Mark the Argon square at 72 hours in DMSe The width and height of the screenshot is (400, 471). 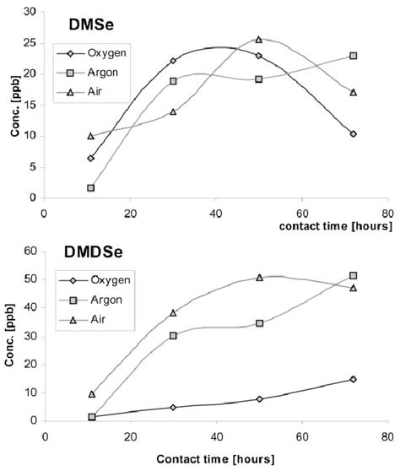tap(353, 56)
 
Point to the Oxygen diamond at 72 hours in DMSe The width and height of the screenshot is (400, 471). tap(353, 133)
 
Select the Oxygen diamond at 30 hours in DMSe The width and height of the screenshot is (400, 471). tap(172, 61)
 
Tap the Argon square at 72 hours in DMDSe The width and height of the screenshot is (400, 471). tap(353, 276)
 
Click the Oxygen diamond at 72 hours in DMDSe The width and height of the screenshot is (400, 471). tap(353, 379)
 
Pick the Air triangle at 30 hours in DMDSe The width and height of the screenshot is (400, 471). tap(173, 312)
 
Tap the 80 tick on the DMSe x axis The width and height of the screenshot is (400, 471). tap(386, 213)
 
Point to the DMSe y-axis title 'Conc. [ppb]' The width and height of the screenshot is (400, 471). tap(10, 106)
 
